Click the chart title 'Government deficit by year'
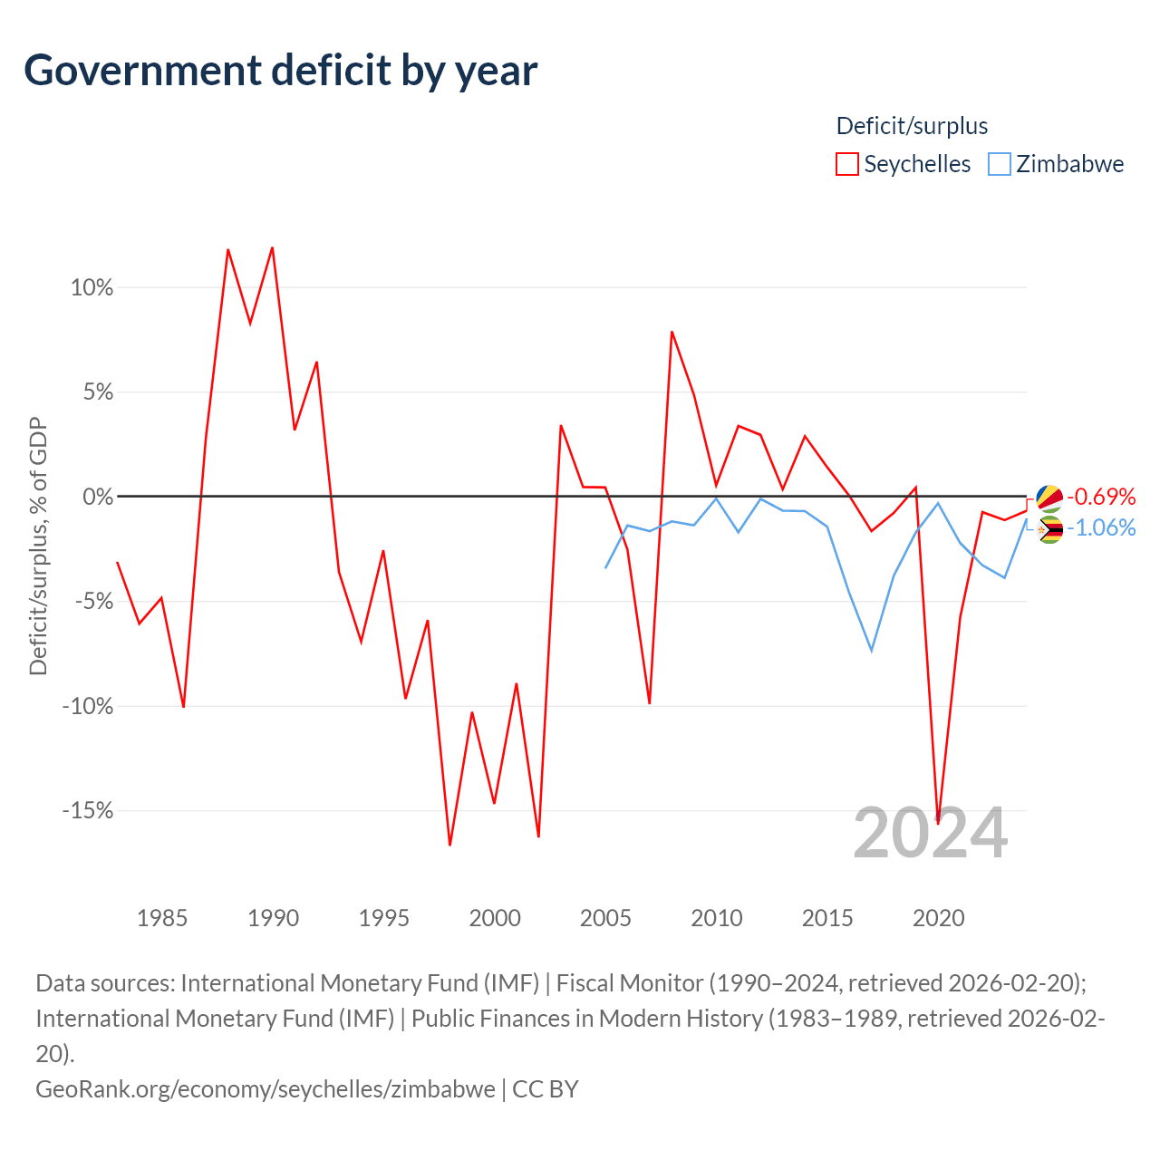(281, 71)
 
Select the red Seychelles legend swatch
(846, 164)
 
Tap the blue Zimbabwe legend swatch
(999, 164)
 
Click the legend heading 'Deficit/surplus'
(912, 126)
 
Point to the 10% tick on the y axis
(92, 288)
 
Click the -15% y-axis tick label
(88, 810)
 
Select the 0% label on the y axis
(98, 497)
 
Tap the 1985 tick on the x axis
(162, 918)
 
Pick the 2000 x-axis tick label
(495, 918)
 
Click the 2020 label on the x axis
(938, 918)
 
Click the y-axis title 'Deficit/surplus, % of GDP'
(38, 546)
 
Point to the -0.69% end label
(1101, 497)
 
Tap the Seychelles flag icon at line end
(1049, 498)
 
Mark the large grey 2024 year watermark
(930, 833)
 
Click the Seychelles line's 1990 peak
(272, 247)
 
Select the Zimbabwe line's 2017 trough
(871, 651)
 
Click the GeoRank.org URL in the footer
(266, 1088)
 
